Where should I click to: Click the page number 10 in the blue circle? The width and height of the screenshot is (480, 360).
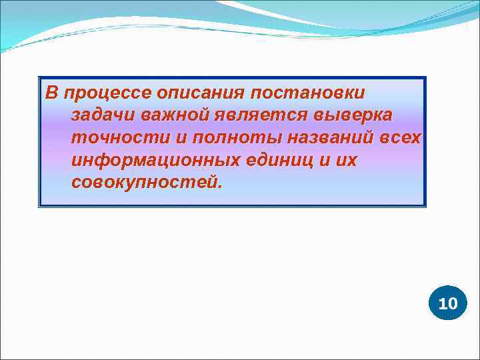448,304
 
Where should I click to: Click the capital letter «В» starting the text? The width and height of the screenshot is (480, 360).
51,92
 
